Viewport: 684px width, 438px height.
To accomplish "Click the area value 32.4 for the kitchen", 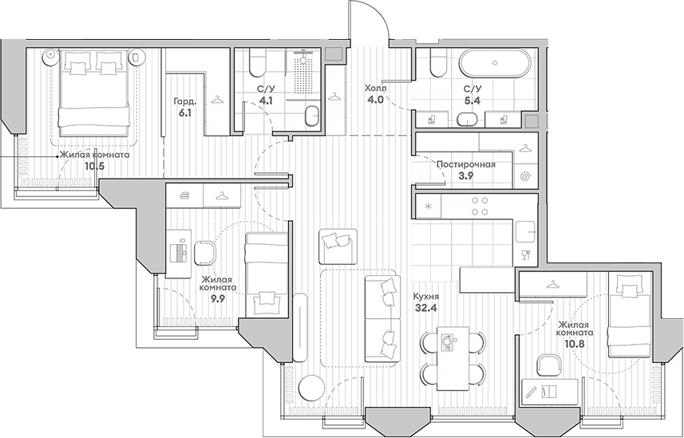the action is click(x=425, y=308).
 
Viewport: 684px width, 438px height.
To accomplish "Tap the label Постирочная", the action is click(x=466, y=164).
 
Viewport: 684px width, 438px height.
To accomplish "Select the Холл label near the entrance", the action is click(x=376, y=89).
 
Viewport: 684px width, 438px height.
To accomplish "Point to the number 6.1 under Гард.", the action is click(x=184, y=113).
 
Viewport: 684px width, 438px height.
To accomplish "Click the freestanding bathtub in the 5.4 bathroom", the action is click(x=495, y=63).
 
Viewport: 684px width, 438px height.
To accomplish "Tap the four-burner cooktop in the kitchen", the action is click(x=480, y=206).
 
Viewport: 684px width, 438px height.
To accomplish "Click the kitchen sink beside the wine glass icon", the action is click(x=525, y=231).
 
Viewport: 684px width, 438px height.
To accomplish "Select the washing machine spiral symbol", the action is click(x=526, y=177).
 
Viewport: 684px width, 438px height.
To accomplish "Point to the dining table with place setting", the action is click(x=453, y=358).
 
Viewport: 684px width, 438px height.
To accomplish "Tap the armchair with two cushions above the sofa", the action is click(x=338, y=247).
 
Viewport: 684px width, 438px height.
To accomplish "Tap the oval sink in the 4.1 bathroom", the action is click(x=311, y=116).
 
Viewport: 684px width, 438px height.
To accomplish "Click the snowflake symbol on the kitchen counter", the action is click(x=428, y=207).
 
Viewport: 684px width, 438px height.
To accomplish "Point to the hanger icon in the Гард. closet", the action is click(x=218, y=101).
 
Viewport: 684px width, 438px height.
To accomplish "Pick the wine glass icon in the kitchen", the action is click(x=526, y=255).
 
